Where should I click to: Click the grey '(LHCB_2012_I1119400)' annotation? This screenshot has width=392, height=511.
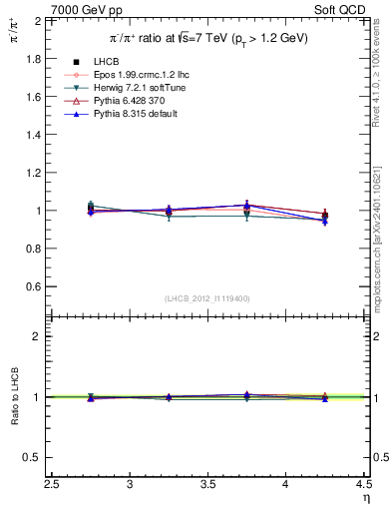click(x=208, y=298)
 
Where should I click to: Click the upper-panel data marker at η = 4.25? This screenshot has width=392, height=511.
click(x=325, y=215)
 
